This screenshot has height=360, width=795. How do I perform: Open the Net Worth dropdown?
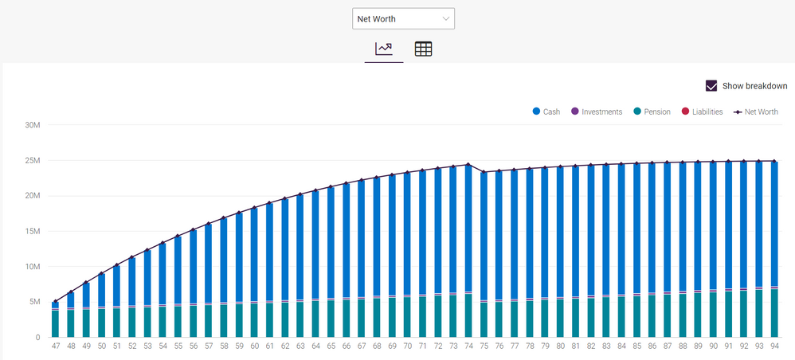(403, 18)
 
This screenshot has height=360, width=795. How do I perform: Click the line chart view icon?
(384, 49)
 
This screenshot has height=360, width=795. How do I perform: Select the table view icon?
(423, 49)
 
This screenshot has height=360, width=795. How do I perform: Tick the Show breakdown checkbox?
(711, 86)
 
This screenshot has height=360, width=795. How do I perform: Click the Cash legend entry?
(546, 112)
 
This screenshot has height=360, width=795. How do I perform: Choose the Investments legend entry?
(596, 112)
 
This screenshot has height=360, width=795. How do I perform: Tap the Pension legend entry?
(651, 112)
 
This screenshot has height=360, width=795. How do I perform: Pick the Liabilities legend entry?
(701, 112)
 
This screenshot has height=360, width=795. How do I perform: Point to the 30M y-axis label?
(33, 125)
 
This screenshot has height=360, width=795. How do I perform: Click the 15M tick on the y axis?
(33, 231)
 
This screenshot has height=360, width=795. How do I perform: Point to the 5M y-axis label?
(35, 302)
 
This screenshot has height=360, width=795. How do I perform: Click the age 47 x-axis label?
(56, 346)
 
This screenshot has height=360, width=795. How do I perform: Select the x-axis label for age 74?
(468, 346)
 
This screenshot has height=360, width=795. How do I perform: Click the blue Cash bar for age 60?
(254, 255)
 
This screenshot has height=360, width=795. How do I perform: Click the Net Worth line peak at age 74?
(468, 165)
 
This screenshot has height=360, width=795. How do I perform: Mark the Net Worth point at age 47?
(56, 302)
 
